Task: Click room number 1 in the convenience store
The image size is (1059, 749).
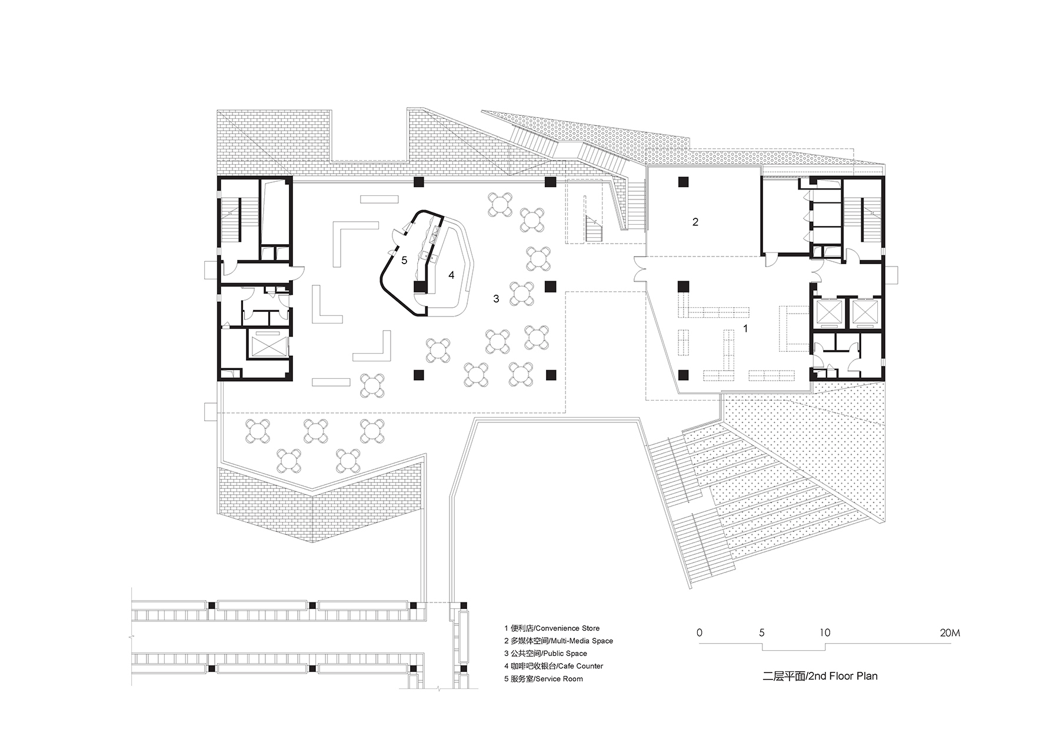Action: coord(745,329)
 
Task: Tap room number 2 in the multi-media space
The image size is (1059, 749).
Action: coord(695,222)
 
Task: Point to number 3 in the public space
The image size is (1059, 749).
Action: coord(496,299)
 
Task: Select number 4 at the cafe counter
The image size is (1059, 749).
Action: coord(451,275)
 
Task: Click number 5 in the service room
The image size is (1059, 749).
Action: coord(404,260)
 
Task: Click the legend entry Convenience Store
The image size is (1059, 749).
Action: coord(552,628)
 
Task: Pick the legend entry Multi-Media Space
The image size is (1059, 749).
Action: coord(558,641)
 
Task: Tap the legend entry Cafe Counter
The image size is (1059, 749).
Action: coord(554,666)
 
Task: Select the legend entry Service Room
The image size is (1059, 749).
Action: coord(544,678)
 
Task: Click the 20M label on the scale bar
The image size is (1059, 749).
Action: coord(950,633)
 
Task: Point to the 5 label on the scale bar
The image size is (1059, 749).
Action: coord(762,633)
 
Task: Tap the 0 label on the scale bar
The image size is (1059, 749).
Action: coord(699,633)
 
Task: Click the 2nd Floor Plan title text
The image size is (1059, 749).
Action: coord(820,676)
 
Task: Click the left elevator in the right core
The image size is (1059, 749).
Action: coord(828,312)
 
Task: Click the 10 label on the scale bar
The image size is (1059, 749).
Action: coord(825,633)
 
